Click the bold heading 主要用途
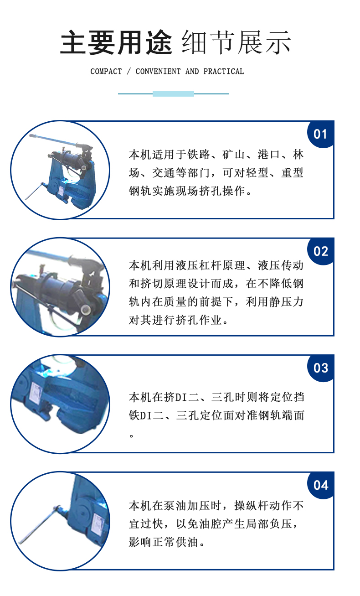click(116, 42)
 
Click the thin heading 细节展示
click(237, 42)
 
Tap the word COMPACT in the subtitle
click(106, 71)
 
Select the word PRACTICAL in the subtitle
click(224, 71)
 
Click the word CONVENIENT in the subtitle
click(158, 71)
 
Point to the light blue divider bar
click(173, 93)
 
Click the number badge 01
click(320, 134)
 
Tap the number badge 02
click(320, 251)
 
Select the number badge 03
click(320, 368)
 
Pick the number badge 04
click(320, 485)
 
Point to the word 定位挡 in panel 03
click(287, 397)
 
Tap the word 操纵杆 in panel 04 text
click(251, 506)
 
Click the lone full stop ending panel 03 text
click(131, 436)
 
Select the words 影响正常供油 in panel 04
click(164, 542)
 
